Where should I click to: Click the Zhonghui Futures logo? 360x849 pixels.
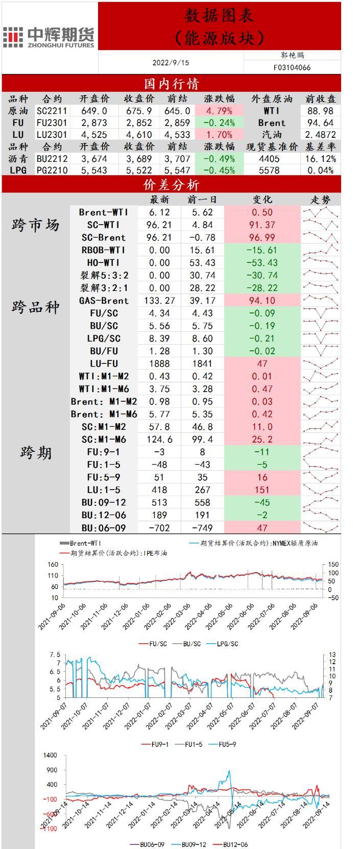[x=49, y=37]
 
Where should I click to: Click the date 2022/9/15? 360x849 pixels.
[x=171, y=63]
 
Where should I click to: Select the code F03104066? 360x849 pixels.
[x=292, y=67]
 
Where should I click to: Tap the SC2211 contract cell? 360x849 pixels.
[x=52, y=111]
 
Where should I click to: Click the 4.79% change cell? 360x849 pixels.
[x=219, y=111]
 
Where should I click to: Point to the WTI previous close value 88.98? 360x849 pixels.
[x=320, y=111]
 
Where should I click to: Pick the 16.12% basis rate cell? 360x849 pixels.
[x=320, y=159]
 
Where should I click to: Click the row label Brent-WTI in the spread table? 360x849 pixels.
[x=104, y=212]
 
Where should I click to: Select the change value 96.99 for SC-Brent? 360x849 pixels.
[x=262, y=237]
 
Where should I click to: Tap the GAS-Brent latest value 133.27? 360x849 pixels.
[x=159, y=301]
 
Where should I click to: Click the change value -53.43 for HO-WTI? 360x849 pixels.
[x=262, y=263]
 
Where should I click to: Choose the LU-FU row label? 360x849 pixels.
[x=104, y=363]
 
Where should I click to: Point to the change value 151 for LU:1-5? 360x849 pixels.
[x=262, y=490]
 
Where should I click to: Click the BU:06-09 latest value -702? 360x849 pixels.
[x=159, y=528]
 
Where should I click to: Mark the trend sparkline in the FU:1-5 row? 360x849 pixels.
[x=320, y=465]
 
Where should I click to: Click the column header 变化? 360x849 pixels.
[x=262, y=200]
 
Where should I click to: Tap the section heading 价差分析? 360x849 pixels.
[x=171, y=184]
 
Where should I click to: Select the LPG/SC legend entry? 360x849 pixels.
[x=223, y=644]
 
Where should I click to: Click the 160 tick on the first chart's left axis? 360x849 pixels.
[x=53, y=565]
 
